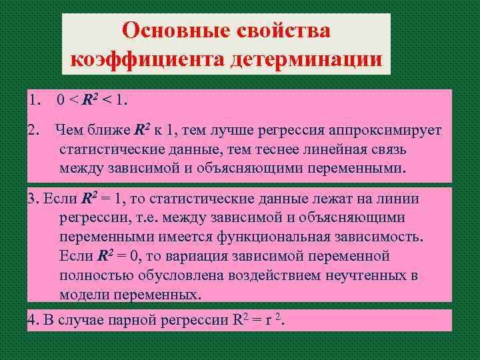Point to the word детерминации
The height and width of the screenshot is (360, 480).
point(307,60)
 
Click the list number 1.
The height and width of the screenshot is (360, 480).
point(34,101)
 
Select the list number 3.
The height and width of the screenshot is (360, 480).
point(33,198)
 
